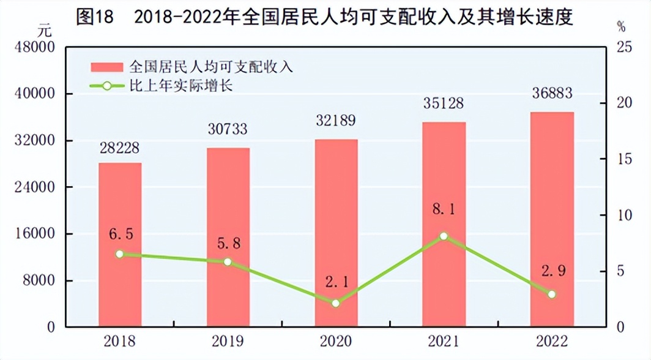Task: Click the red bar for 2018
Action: click(x=120, y=245)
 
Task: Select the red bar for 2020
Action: click(x=336, y=233)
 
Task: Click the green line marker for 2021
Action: click(x=444, y=236)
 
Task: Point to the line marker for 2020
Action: click(x=335, y=303)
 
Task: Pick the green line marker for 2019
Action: click(x=228, y=261)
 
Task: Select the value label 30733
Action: click(x=228, y=129)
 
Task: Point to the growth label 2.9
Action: click(x=552, y=269)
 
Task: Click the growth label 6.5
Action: click(x=120, y=234)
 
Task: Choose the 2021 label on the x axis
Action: click(x=444, y=341)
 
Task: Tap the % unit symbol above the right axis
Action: click(x=621, y=27)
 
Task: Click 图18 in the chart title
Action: click(x=95, y=17)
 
